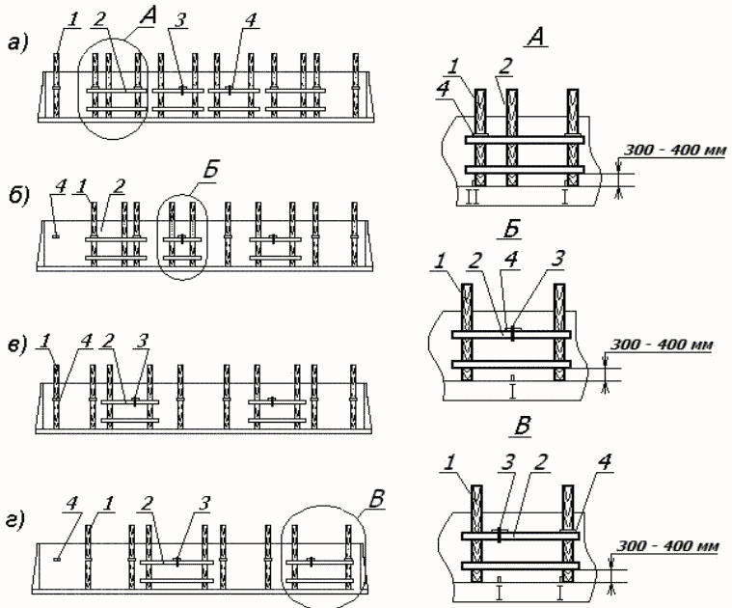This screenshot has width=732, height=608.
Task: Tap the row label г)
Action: [16, 520]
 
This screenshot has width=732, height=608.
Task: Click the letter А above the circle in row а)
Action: [148, 17]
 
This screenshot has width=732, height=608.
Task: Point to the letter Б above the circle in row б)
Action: [210, 171]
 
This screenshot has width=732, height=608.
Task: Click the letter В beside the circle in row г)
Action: [376, 498]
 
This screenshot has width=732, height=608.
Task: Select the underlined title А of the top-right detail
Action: [537, 37]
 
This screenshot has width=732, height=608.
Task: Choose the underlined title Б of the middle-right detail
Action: [512, 231]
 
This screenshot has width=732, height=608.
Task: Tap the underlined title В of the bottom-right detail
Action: [522, 428]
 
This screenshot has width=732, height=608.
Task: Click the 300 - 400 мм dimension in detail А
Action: [675, 151]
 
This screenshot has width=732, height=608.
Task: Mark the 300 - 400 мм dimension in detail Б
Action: [662, 345]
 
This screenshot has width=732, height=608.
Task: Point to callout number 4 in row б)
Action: [60, 187]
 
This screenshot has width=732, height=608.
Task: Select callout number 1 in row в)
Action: [45, 341]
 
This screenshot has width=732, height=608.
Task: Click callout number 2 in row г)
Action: [147, 504]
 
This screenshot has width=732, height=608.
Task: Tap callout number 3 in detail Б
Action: [557, 259]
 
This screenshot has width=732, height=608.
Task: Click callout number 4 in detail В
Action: [604, 463]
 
